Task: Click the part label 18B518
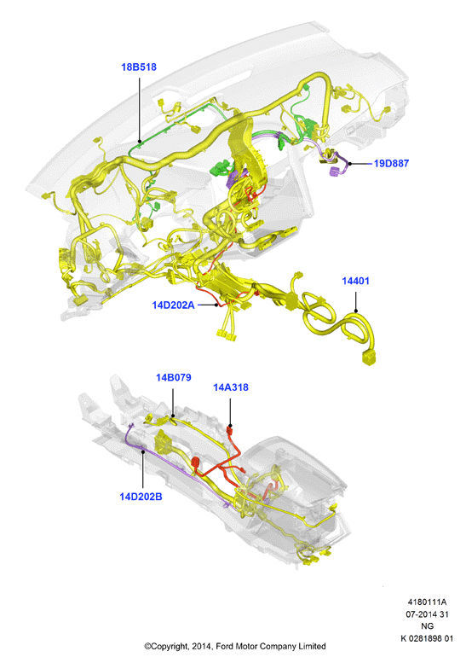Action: pos(139,67)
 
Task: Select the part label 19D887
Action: pos(391,163)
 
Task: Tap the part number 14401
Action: pos(355,281)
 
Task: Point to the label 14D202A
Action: pos(173,305)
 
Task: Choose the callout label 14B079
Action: pos(174,378)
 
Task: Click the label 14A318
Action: pos(231,387)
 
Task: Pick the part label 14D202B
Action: pos(141,497)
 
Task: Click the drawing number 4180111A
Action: pos(427,602)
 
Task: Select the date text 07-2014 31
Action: pos(427,614)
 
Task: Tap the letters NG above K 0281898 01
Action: pos(427,626)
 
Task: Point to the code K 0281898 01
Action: pos(427,638)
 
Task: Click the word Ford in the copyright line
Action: pos(225,647)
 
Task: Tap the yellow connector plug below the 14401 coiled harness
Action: pos(369,358)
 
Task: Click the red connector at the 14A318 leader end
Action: pos(230,431)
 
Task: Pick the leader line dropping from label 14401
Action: pos(356,300)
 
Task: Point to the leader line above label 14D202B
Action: pos(143,471)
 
